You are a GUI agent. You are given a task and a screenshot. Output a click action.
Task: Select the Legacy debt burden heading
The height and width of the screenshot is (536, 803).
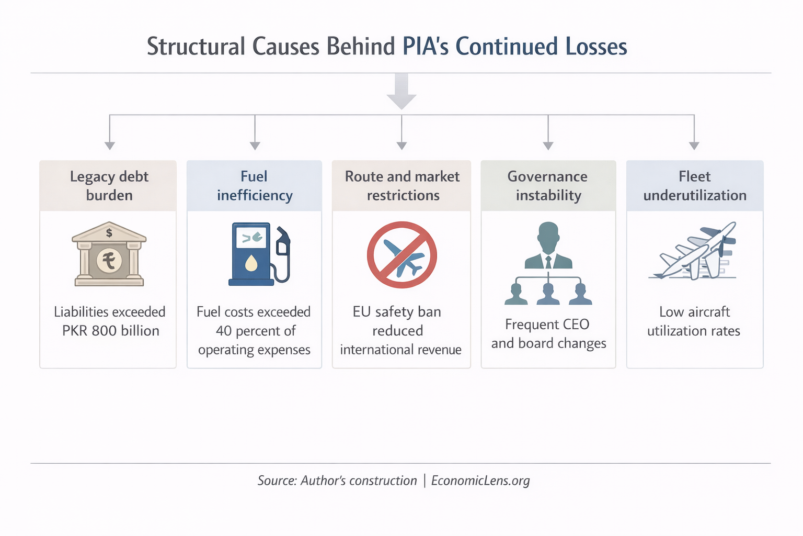click(x=109, y=186)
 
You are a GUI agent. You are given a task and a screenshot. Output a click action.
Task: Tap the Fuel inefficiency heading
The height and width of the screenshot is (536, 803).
click(x=255, y=186)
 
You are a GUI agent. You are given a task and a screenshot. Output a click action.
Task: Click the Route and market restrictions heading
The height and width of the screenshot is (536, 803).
click(x=402, y=186)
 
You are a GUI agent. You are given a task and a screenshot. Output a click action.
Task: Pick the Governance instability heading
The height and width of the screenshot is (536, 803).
click(x=548, y=186)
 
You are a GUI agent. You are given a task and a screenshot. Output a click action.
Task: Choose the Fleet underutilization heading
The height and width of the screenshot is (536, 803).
click(x=694, y=186)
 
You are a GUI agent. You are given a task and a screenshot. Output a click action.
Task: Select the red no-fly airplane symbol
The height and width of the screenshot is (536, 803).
click(x=401, y=255)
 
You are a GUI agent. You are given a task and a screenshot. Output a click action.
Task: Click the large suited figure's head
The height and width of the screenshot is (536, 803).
click(x=548, y=234)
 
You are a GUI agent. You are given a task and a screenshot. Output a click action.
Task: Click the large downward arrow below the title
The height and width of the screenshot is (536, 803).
click(x=401, y=92)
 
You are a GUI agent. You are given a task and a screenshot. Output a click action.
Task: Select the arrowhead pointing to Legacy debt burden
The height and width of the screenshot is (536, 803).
click(x=109, y=146)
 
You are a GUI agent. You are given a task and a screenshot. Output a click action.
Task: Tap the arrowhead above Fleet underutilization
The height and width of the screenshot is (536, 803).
click(x=694, y=146)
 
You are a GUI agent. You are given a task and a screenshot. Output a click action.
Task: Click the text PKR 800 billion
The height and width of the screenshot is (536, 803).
click(x=110, y=331)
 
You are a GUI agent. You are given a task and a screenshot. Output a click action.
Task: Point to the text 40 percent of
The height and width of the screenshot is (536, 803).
click(x=255, y=331)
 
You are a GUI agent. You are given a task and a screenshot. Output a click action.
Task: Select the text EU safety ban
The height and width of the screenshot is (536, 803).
click(x=397, y=312)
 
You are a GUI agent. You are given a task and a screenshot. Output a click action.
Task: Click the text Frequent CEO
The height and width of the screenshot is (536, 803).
click(x=547, y=325)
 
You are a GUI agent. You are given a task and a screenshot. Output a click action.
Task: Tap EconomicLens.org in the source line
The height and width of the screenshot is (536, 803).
click(x=480, y=481)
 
